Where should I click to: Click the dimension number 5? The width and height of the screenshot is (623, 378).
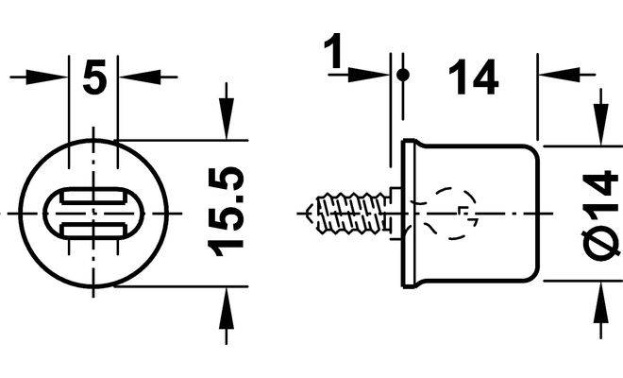tap(94, 77)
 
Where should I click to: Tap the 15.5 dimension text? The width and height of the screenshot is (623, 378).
tap(226, 212)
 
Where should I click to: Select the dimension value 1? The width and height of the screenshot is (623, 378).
tap(334, 51)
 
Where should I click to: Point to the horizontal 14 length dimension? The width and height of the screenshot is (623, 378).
tap(473, 77)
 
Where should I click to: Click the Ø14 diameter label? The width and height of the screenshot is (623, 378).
tap(601, 215)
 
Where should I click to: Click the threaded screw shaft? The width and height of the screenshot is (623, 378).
tap(352, 213)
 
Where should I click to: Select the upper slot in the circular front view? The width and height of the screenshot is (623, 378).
tap(93, 198)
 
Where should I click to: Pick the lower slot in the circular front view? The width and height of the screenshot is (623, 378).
tap(93, 231)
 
